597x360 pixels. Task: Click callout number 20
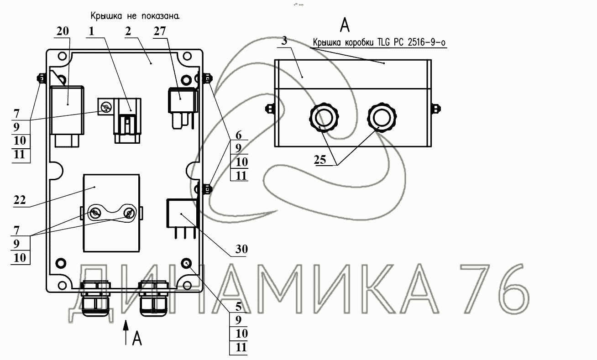(63, 31)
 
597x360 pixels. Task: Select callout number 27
(160, 31)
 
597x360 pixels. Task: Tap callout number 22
(20, 200)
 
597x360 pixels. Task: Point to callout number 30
(241, 249)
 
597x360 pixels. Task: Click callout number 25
(320, 160)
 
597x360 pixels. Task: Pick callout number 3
(284, 41)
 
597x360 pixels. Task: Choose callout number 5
(238, 307)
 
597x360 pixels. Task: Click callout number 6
(238, 135)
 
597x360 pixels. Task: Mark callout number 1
(91, 31)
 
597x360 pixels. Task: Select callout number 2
(128, 31)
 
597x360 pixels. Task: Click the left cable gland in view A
(324, 117)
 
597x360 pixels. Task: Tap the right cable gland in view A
(382, 117)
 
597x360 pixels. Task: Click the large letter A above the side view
(345, 25)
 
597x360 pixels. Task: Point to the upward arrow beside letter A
(126, 333)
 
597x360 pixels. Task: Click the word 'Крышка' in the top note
(106, 16)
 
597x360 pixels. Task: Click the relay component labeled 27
(183, 108)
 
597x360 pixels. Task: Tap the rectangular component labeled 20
(67, 116)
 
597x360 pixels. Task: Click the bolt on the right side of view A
(436, 109)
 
